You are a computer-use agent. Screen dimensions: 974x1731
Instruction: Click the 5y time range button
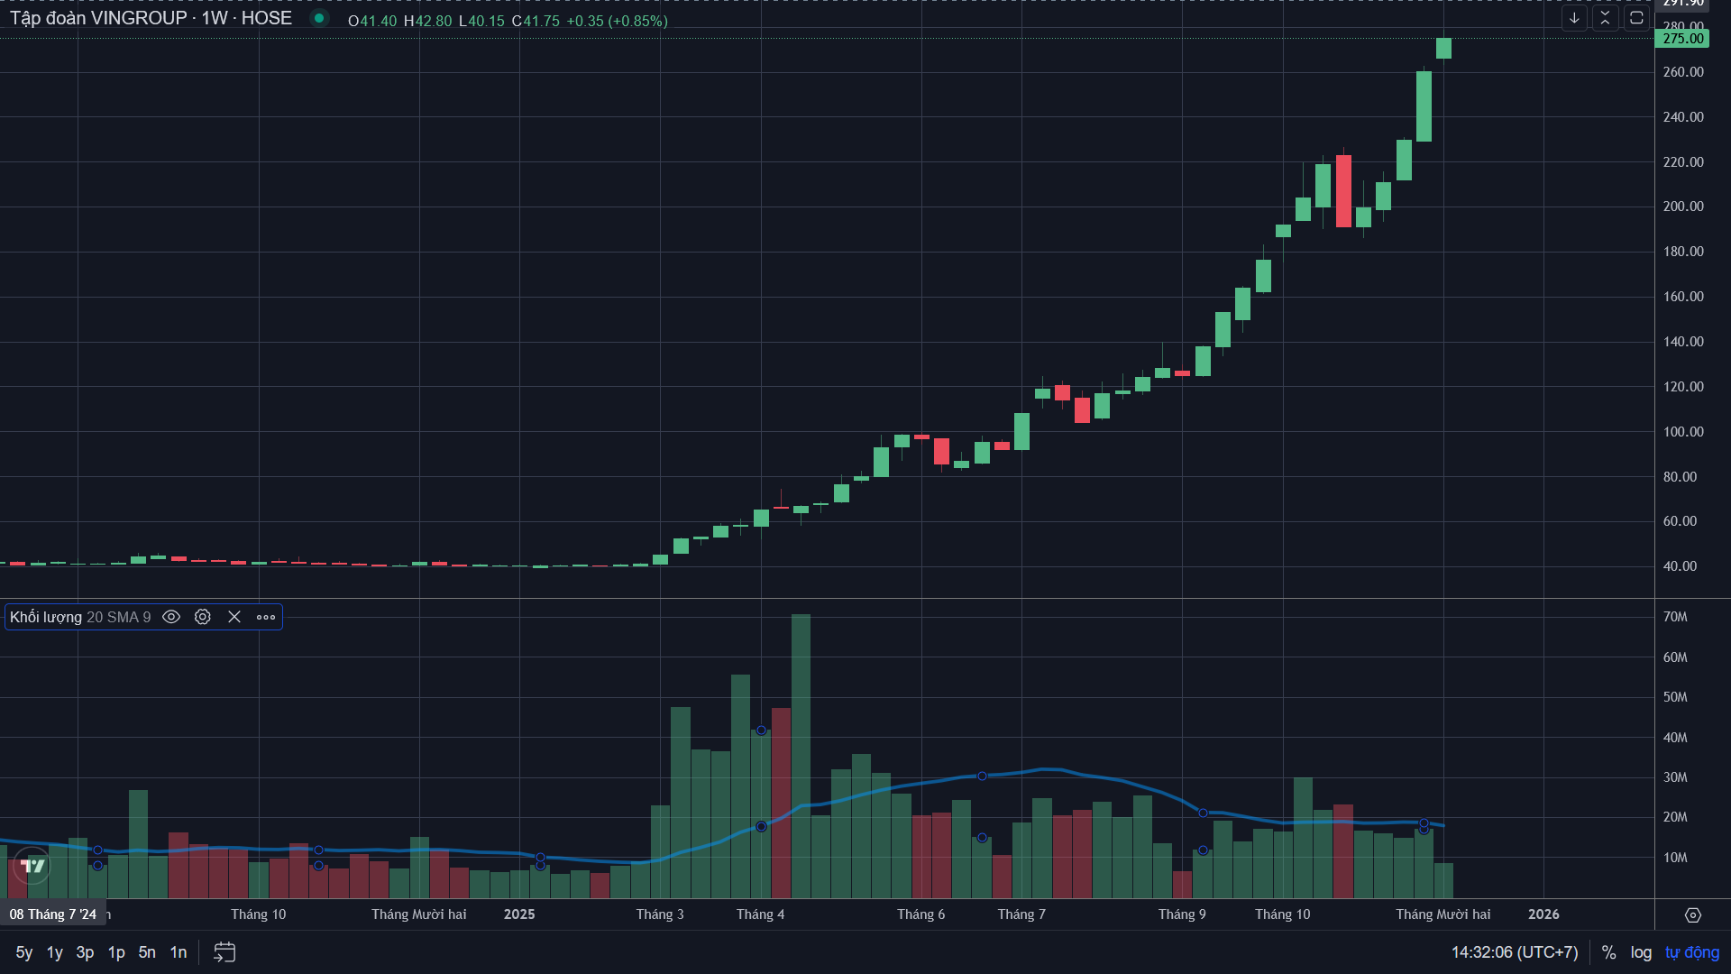click(24, 952)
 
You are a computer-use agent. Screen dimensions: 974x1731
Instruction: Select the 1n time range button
click(179, 952)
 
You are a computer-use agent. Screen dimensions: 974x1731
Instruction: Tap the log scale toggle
click(1641, 952)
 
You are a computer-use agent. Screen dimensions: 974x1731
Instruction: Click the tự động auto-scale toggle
click(1692, 952)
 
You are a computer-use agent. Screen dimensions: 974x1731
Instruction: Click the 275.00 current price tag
click(1682, 39)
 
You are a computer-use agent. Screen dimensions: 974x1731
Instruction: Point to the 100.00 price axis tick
click(1683, 432)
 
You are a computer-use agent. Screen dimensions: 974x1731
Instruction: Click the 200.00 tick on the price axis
click(1683, 207)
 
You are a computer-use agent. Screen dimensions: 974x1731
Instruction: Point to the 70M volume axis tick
click(1675, 617)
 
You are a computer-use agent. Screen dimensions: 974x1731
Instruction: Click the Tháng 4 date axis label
click(760, 914)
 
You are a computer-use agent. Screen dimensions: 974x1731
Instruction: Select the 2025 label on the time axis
click(519, 914)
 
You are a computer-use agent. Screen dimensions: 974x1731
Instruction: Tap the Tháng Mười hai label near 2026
click(1442, 914)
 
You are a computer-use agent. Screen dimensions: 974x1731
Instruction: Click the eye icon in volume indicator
click(171, 617)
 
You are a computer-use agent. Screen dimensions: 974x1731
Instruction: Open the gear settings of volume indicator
click(203, 617)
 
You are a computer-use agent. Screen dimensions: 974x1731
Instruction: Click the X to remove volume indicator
click(234, 617)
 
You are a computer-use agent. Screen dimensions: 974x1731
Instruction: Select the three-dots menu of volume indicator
click(266, 617)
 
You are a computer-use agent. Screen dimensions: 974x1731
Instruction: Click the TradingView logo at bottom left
click(32, 866)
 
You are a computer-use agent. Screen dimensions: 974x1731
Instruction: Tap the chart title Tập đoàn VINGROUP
click(98, 18)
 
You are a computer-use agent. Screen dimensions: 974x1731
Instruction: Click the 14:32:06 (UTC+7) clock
click(1514, 952)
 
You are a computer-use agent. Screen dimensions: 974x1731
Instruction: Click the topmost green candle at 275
click(1443, 49)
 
